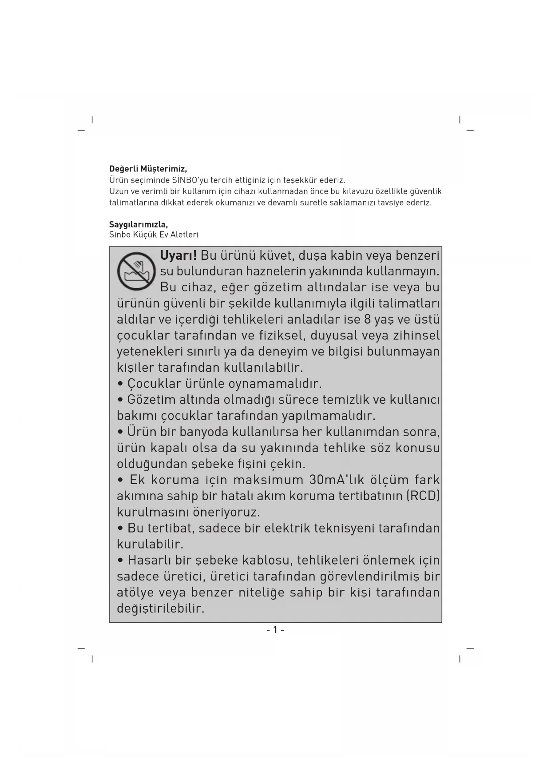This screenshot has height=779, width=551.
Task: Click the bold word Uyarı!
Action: (x=178, y=256)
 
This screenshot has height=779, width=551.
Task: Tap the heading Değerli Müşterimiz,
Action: (x=148, y=169)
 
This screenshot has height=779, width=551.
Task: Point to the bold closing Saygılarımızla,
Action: (x=139, y=224)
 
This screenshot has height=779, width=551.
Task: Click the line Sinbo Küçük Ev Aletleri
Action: (x=154, y=234)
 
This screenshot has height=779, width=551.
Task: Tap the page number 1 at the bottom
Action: (x=275, y=630)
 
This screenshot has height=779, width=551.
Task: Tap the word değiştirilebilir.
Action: (x=160, y=608)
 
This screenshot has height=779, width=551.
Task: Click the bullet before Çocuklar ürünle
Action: (x=120, y=384)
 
